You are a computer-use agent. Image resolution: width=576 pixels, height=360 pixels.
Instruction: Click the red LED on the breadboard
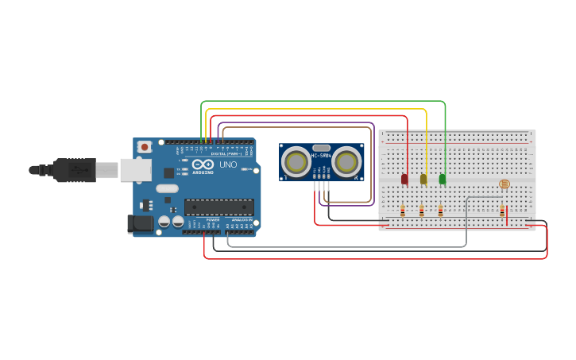pyautogui.click(x=404, y=179)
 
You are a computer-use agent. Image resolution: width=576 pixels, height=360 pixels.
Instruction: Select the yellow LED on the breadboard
pyautogui.click(x=423, y=179)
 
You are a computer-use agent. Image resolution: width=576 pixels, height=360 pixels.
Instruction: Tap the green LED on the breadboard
pyautogui.click(x=443, y=179)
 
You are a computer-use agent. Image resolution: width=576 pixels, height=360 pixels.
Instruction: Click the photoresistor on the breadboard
pyautogui.click(x=504, y=184)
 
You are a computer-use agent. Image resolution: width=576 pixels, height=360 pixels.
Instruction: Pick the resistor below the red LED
pyautogui.click(x=403, y=211)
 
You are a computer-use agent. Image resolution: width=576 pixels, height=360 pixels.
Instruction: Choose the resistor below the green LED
pyautogui.click(x=440, y=211)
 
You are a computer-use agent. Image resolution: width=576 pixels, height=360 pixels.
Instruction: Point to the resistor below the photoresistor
pyautogui.click(x=501, y=211)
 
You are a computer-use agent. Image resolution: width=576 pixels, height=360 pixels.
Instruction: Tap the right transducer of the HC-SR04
pyautogui.click(x=346, y=163)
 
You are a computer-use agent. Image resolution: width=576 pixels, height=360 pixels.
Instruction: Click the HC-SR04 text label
pyautogui.click(x=321, y=156)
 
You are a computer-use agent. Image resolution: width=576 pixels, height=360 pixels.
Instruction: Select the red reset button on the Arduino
pyautogui.click(x=145, y=147)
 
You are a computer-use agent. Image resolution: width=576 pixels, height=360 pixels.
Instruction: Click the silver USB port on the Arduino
pyautogui.click(x=136, y=169)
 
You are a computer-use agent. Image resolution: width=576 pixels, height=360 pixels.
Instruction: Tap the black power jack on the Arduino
pyautogui.click(x=141, y=224)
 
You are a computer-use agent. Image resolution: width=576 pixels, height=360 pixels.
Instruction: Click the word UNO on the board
pyautogui.click(x=228, y=165)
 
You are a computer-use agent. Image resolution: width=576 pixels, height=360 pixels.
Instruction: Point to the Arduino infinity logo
pyautogui.click(x=202, y=164)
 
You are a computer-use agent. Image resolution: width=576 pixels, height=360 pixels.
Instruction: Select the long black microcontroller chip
pyautogui.click(x=219, y=207)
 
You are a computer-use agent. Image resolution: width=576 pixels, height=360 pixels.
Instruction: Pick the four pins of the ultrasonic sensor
pyautogui.click(x=320, y=185)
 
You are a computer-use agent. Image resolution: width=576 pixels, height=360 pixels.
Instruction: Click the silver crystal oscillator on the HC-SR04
pyautogui.click(x=321, y=148)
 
